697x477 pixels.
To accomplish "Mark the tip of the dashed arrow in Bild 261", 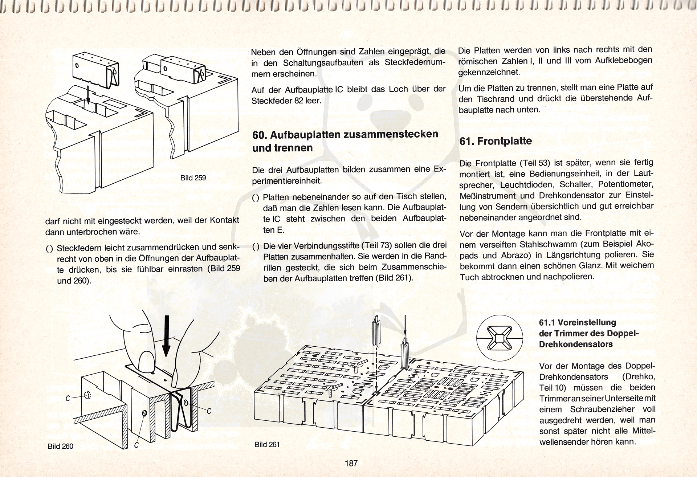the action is pos(376,395).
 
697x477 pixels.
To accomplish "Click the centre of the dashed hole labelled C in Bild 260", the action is pos(87,395).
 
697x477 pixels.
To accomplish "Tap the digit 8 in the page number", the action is pos(351,463).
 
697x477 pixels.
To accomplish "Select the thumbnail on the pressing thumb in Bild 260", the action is pos(147,362).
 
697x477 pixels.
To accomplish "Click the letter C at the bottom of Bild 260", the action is pos(136,445).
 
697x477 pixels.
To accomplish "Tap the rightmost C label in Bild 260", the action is pos(209,411).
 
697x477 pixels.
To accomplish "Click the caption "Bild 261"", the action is pos(267,444).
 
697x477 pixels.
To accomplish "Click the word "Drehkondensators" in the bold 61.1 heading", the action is pos(576,344).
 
